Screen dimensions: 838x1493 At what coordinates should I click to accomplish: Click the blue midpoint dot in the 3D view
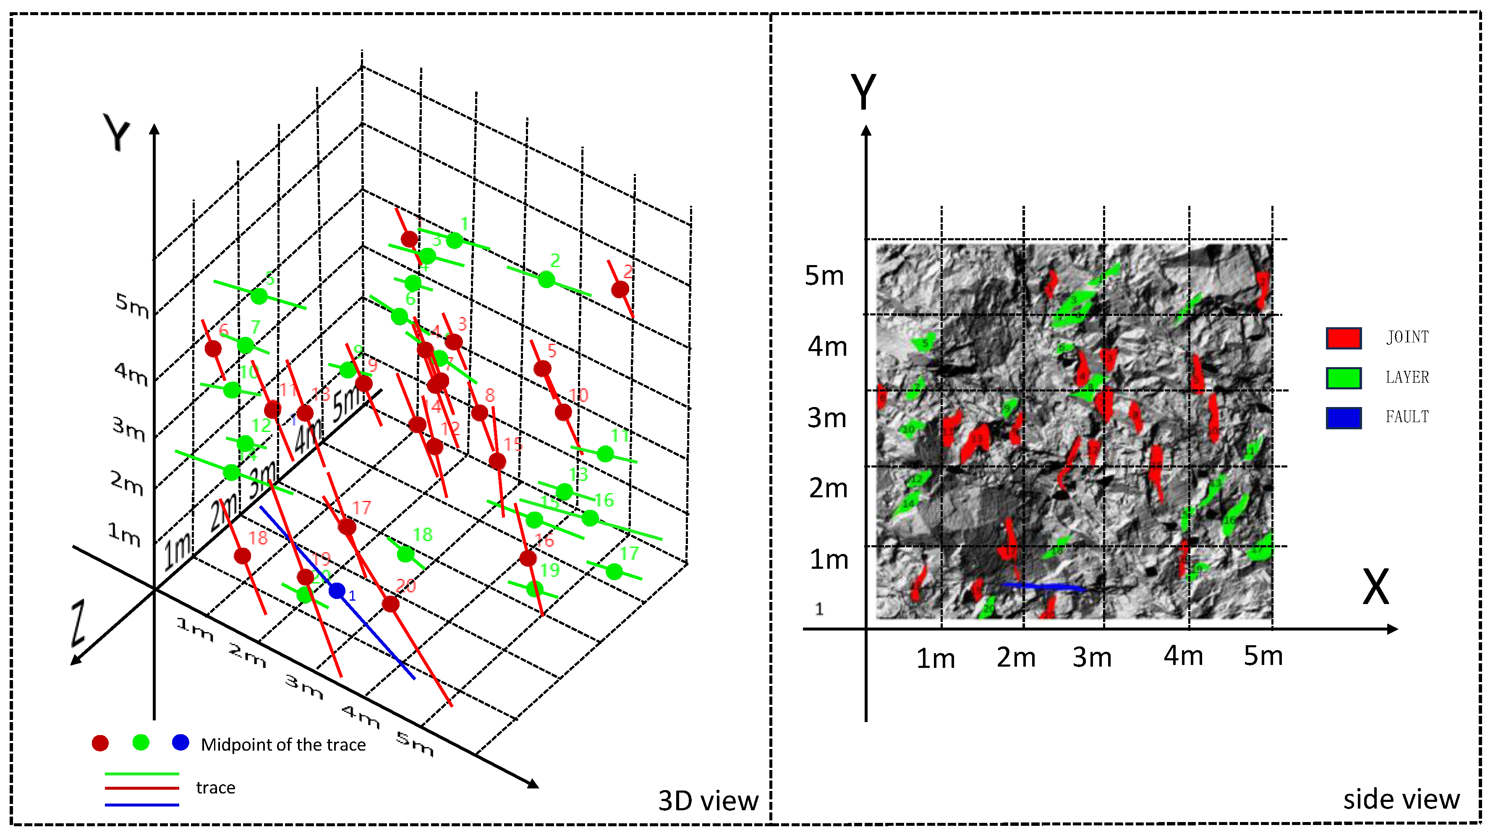pyautogui.click(x=337, y=591)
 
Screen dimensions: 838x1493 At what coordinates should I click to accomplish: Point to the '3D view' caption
pyautogui.click(x=708, y=801)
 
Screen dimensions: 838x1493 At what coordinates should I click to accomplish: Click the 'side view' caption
pyautogui.click(x=1401, y=799)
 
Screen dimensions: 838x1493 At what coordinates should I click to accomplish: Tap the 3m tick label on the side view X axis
pyautogui.click(x=1091, y=657)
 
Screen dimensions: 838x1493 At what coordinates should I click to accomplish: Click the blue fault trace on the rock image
pyautogui.click(x=1043, y=586)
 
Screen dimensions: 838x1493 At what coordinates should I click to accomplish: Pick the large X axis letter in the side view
pyautogui.click(x=1375, y=586)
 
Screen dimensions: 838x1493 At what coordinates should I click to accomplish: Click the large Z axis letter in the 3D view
pyautogui.click(x=78, y=623)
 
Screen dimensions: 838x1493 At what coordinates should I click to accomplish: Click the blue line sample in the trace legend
pyautogui.click(x=141, y=805)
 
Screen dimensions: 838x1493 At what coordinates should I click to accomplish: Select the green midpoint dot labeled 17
pyautogui.click(x=614, y=572)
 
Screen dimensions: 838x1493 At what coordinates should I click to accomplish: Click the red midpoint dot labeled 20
pyautogui.click(x=391, y=604)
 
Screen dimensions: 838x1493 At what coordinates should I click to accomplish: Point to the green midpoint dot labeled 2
pyautogui.click(x=546, y=279)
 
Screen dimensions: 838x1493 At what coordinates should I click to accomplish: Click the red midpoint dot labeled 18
pyautogui.click(x=242, y=556)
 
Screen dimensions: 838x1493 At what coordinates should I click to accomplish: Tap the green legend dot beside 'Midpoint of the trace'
pyautogui.click(x=141, y=742)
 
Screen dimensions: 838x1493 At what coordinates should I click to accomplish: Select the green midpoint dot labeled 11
pyautogui.click(x=605, y=454)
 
